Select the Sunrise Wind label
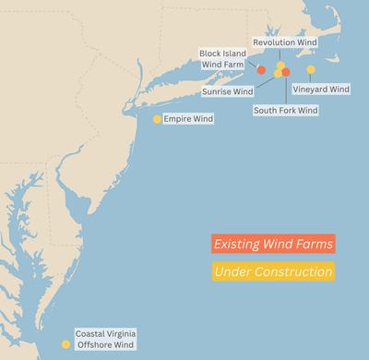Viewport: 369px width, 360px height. click(227, 91)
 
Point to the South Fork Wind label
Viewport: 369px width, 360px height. click(286, 110)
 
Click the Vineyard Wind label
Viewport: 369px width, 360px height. click(321, 89)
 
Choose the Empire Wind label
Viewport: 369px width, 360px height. click(189, 120)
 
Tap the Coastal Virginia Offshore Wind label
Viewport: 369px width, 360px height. click(104, 339)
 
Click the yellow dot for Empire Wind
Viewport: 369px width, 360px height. click(158, 119)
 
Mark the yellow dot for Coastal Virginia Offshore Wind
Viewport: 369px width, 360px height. click(65, 344)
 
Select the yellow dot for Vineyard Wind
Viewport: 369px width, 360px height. click(311, 70)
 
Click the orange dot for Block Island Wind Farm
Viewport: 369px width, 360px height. click(261, 70)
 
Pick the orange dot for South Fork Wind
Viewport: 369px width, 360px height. click(286, 72)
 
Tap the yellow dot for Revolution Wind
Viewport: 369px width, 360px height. click(281, 66)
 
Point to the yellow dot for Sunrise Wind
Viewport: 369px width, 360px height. click(278, 74)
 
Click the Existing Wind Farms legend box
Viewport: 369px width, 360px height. click(271, 245)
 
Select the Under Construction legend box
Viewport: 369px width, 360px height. click(271, 272)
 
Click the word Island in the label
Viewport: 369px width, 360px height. click(232, 54)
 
